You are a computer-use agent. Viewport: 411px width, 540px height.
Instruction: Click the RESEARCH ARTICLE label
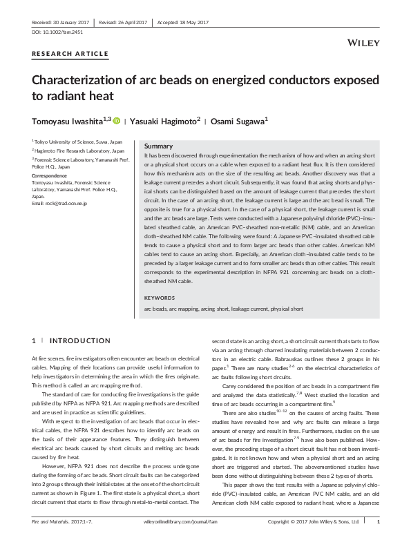click(x=70, y=54)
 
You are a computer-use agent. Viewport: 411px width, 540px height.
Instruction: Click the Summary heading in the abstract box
click(x=158, y=147)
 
